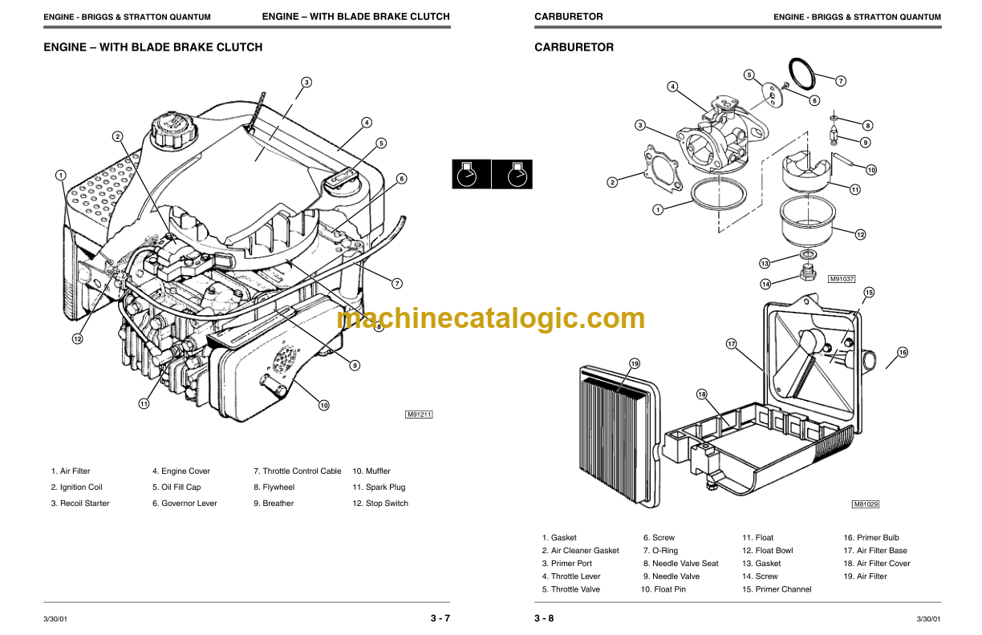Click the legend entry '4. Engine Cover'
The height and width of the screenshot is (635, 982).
181,471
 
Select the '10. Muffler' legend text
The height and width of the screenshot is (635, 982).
371,471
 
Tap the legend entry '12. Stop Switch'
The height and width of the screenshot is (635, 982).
380,504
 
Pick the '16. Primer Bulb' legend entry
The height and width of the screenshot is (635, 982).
870,538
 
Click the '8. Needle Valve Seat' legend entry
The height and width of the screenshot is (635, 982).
680,564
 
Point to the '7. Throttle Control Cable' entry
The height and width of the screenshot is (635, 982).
297,471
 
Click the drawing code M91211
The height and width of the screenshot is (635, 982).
419,415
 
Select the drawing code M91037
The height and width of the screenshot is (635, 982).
842,279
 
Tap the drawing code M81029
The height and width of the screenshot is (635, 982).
866,504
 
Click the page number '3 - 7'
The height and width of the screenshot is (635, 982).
440,618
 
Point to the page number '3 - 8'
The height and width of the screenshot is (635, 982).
544,618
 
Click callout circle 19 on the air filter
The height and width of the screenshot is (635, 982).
635,364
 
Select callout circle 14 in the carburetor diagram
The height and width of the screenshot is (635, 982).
766,284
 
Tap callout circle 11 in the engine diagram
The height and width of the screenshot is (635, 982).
143,404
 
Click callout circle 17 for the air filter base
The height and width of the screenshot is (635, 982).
731,344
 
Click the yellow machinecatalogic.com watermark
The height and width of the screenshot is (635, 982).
491,318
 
